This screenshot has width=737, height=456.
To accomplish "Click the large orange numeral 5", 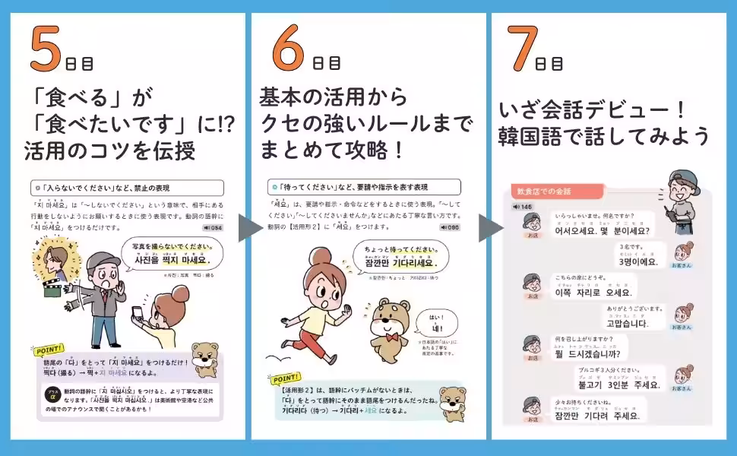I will pyautogui.click(x=46, y=50).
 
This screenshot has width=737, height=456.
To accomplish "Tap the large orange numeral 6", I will pyautogui.click(x=289, y=50).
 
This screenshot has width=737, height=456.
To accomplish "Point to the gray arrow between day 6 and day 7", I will pyautogui.click(x=489, y=228).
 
